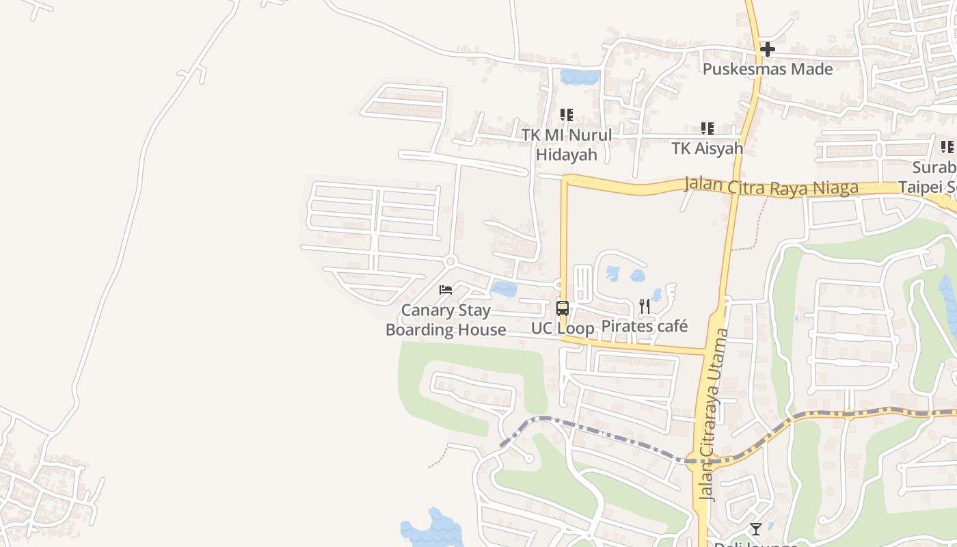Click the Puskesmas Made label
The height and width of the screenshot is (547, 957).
(768, 69)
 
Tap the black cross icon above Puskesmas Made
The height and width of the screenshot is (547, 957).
(767, 49)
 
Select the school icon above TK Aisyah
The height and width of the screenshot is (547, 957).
(707, 128)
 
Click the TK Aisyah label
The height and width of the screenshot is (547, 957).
(707, 148)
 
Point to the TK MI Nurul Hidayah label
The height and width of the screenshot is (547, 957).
(567, 144)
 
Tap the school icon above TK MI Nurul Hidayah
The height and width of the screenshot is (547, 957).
(567, 114)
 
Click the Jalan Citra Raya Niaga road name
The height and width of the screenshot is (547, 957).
(771, 187)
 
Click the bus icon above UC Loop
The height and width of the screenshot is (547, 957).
(563, 308)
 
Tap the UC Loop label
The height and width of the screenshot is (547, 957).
(563, 328)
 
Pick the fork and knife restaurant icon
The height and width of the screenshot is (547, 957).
(645, 306)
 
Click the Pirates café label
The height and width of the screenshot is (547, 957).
(645, 326)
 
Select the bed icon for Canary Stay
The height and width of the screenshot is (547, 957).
(446, 290)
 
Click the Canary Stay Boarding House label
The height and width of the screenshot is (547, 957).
(446, 320)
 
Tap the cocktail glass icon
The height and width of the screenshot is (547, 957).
(755, 529)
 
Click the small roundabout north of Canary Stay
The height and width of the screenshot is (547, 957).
(450, 261)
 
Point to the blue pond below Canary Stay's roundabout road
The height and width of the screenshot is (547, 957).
(504, 289)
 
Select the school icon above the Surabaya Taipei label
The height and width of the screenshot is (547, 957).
(947, 147)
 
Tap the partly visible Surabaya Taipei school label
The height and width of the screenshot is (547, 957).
(932, 177)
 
